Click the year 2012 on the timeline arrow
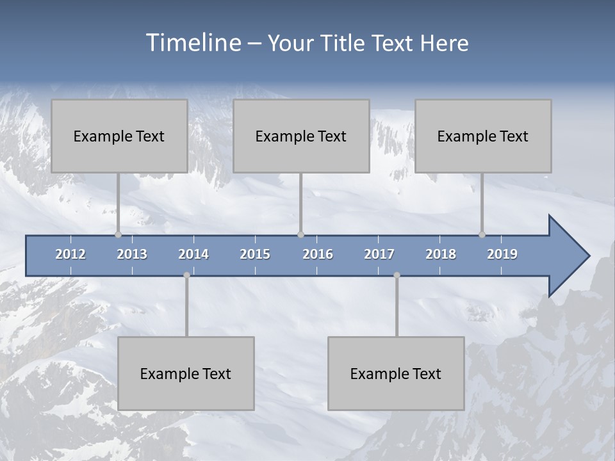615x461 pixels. click(70, 254)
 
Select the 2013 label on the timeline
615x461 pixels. click(132, 254)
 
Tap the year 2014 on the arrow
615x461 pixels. click(193, 254)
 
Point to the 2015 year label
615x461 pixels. click(255, 254)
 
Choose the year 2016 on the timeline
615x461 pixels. click(318, 254)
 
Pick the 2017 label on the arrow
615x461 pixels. click(379, 254)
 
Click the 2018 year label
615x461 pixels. click(441, 254)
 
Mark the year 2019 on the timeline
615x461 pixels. click(502, 254)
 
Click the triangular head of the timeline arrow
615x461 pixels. click(568, 256)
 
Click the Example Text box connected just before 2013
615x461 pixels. click(119, 136)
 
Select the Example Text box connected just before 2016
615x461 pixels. click(301, 136)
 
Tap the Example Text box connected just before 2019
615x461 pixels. click(483, 136)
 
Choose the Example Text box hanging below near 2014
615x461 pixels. click(186, 373)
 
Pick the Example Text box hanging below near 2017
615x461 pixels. click(396, 373)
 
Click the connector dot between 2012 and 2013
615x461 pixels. click(118, 235)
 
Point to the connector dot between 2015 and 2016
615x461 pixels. click(300, 235)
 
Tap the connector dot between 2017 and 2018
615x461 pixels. click(397, 275)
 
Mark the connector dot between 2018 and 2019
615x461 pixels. click(482, 235)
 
